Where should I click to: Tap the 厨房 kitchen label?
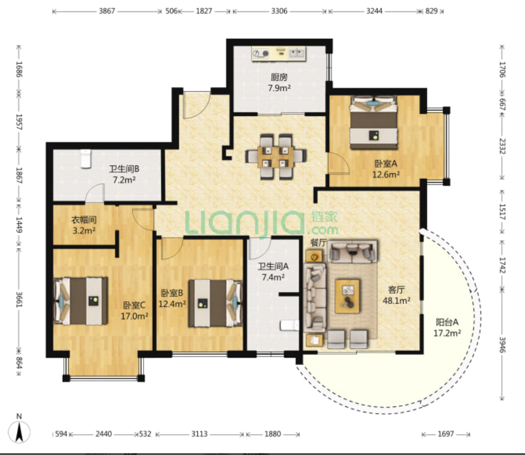pos(279,77)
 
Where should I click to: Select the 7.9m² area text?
pos(279,88)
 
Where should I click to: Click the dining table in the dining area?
pos(276,157)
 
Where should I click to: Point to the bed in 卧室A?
pos(374,122)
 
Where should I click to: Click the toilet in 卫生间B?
pos(86,159)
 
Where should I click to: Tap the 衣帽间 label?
pos(84,220)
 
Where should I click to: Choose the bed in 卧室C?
pos(81,300)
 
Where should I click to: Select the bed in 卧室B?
pos(215,304)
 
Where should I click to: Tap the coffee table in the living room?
pos(347,296)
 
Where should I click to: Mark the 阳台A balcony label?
pos(447,322)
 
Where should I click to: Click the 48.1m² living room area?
pos(397,300)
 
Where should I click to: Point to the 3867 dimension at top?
pos(107,11)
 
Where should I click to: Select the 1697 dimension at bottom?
pos(446,434)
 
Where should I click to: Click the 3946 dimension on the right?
pos(502,344)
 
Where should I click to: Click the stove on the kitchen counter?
pos(260,54)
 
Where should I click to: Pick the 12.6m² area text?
pos(386,175)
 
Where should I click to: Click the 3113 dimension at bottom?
pos(200,434)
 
